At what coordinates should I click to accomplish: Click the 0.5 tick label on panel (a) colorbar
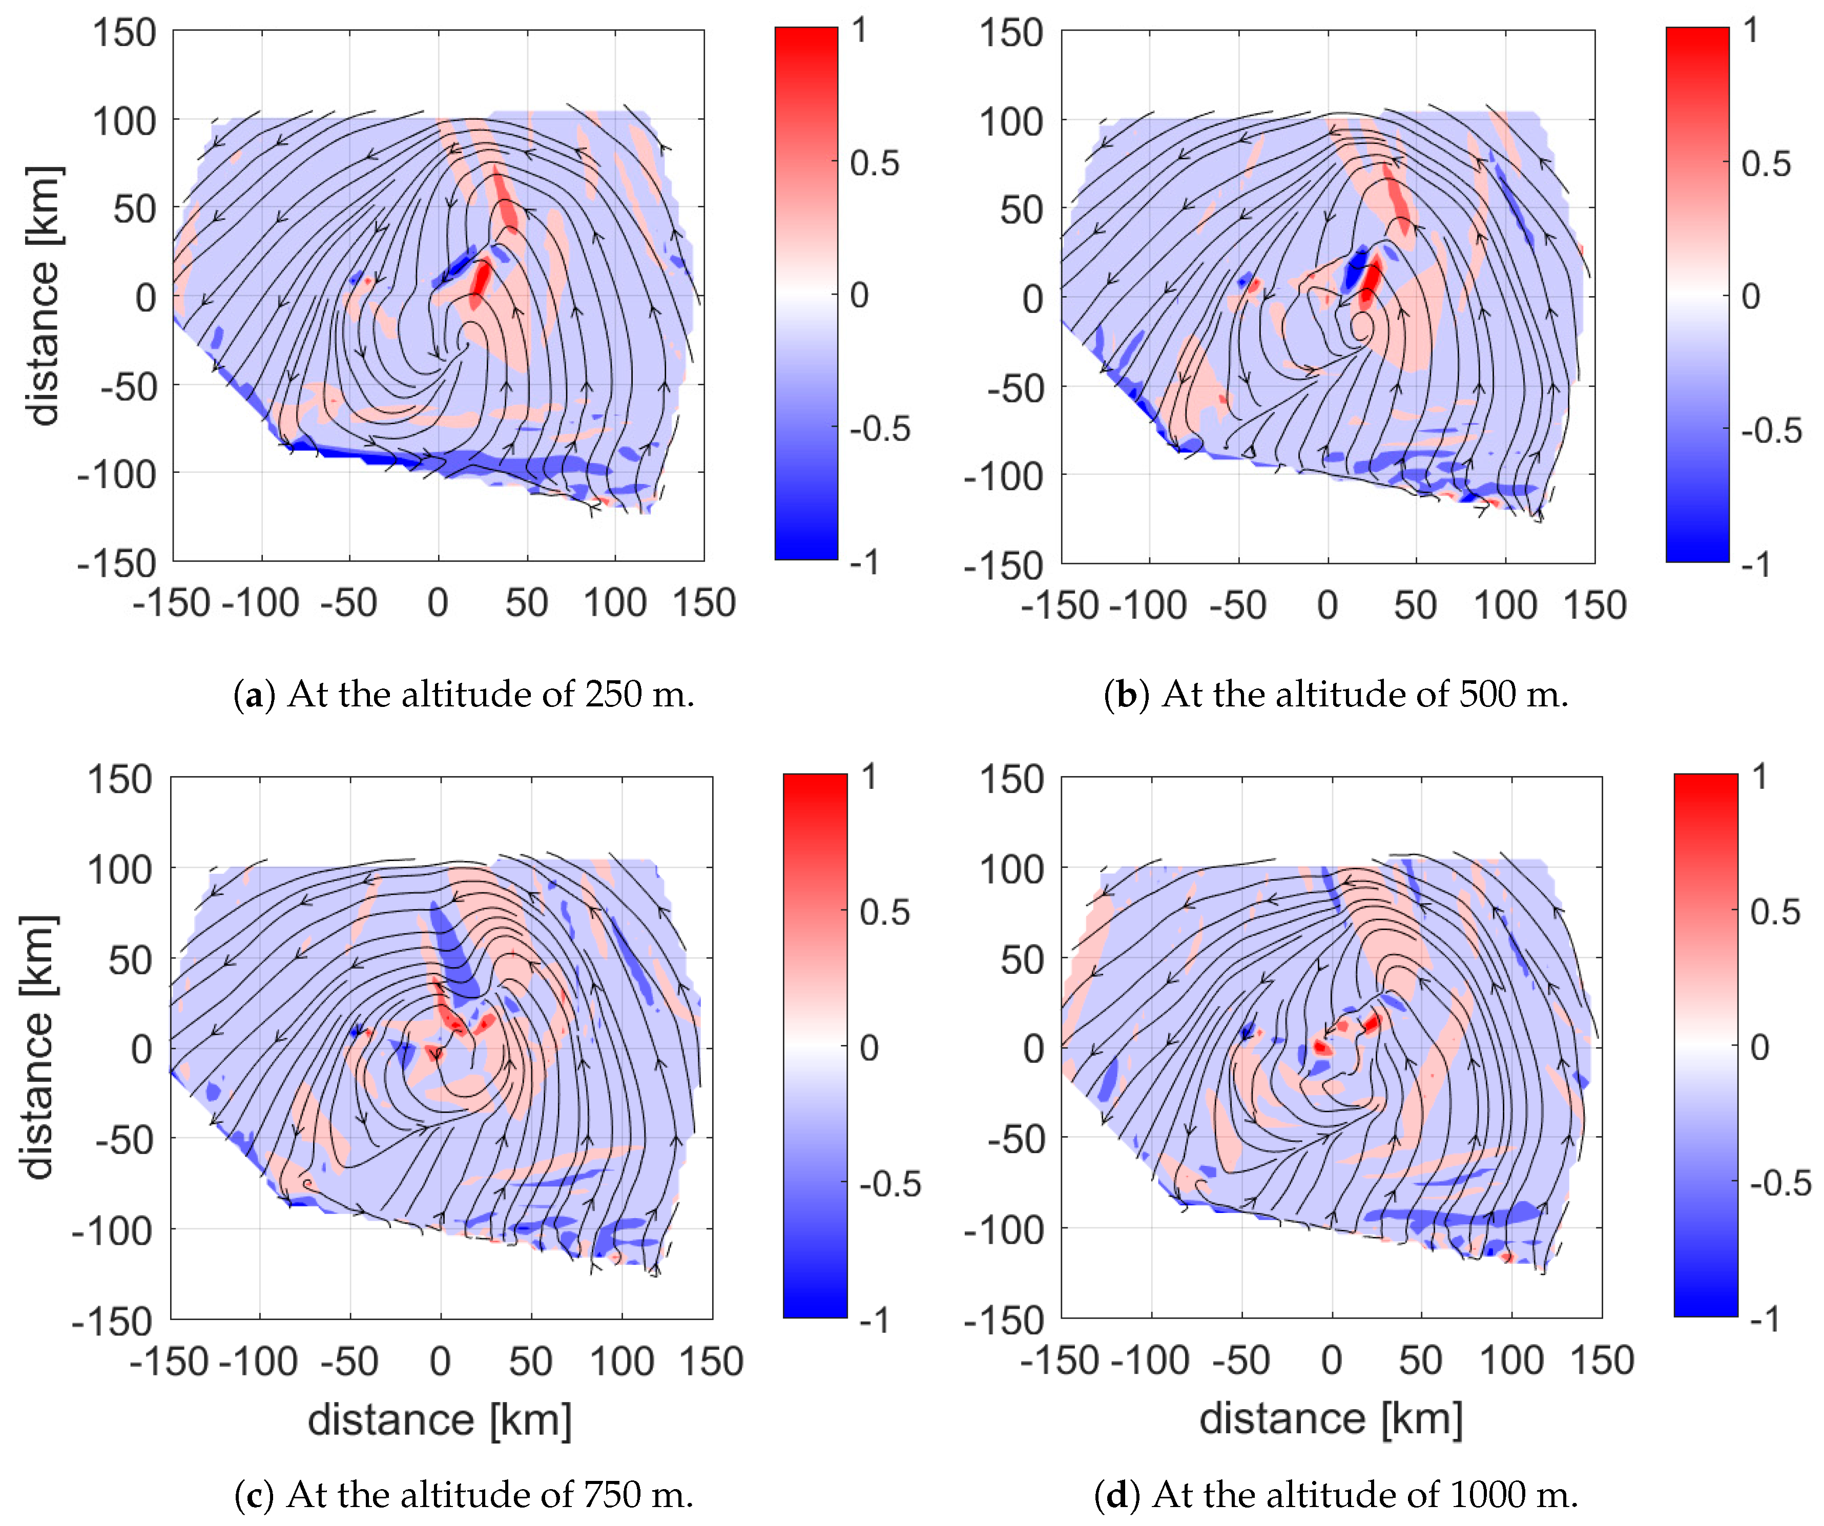[x=874, y=163]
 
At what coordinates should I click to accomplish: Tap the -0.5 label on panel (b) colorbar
[x=1770, y=430]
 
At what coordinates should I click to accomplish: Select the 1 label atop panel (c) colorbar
[x=868, y=776]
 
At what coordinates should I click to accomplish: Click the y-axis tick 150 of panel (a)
[x=124, y=33]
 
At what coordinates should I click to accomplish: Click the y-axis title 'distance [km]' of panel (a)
[x=44, y=295]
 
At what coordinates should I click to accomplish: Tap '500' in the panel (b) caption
[x=1486, y=694]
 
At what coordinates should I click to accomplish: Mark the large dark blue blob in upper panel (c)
[x=453, y=951]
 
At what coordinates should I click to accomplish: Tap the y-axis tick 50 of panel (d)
[x=1022, y=960]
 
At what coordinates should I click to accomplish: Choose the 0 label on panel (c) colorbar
[x=868, y=1048]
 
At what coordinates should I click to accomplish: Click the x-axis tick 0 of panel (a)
[x=438, y=603]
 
